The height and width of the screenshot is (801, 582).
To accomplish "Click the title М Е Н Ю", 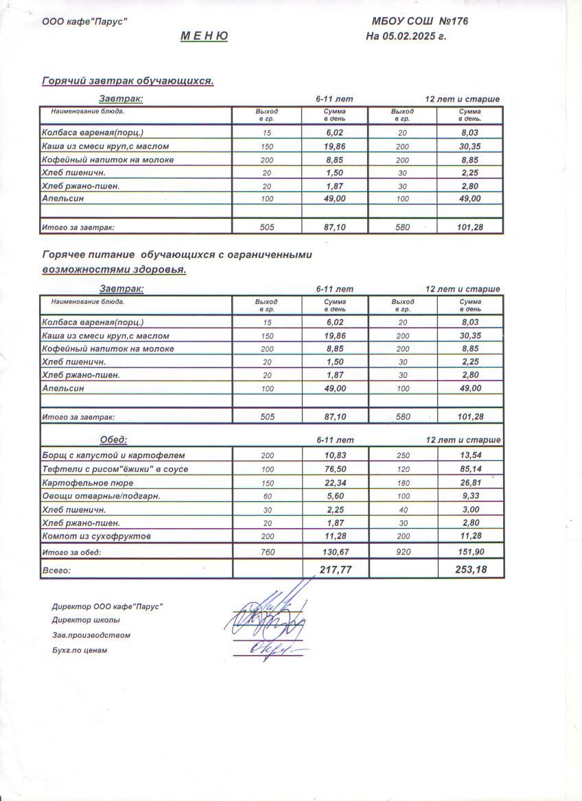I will [204, 36].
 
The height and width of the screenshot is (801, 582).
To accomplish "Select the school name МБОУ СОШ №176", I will [419, 21].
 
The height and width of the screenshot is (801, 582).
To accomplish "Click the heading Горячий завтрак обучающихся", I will [128, 81].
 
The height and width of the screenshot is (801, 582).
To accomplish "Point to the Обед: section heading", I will [114, 440].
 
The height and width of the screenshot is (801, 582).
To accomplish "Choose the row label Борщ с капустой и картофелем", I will [114, 455].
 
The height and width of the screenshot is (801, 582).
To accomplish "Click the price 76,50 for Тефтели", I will [335, 469].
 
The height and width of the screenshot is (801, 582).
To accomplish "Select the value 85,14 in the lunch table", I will [470, 469].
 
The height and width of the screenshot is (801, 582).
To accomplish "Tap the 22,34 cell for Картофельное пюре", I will [335, 482].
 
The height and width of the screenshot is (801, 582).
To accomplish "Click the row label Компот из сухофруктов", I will [97, 536].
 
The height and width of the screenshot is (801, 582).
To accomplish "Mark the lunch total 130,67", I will [335, 552].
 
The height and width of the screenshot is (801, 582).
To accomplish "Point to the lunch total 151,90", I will [470, 552].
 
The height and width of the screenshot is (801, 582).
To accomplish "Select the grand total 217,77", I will [336, 569].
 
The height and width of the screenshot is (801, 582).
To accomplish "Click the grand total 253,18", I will [470, 569].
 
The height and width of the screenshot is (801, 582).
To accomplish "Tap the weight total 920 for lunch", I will [403, 552].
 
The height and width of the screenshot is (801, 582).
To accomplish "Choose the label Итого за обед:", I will [71, 552].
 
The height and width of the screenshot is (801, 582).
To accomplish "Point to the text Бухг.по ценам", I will [80, 650].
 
